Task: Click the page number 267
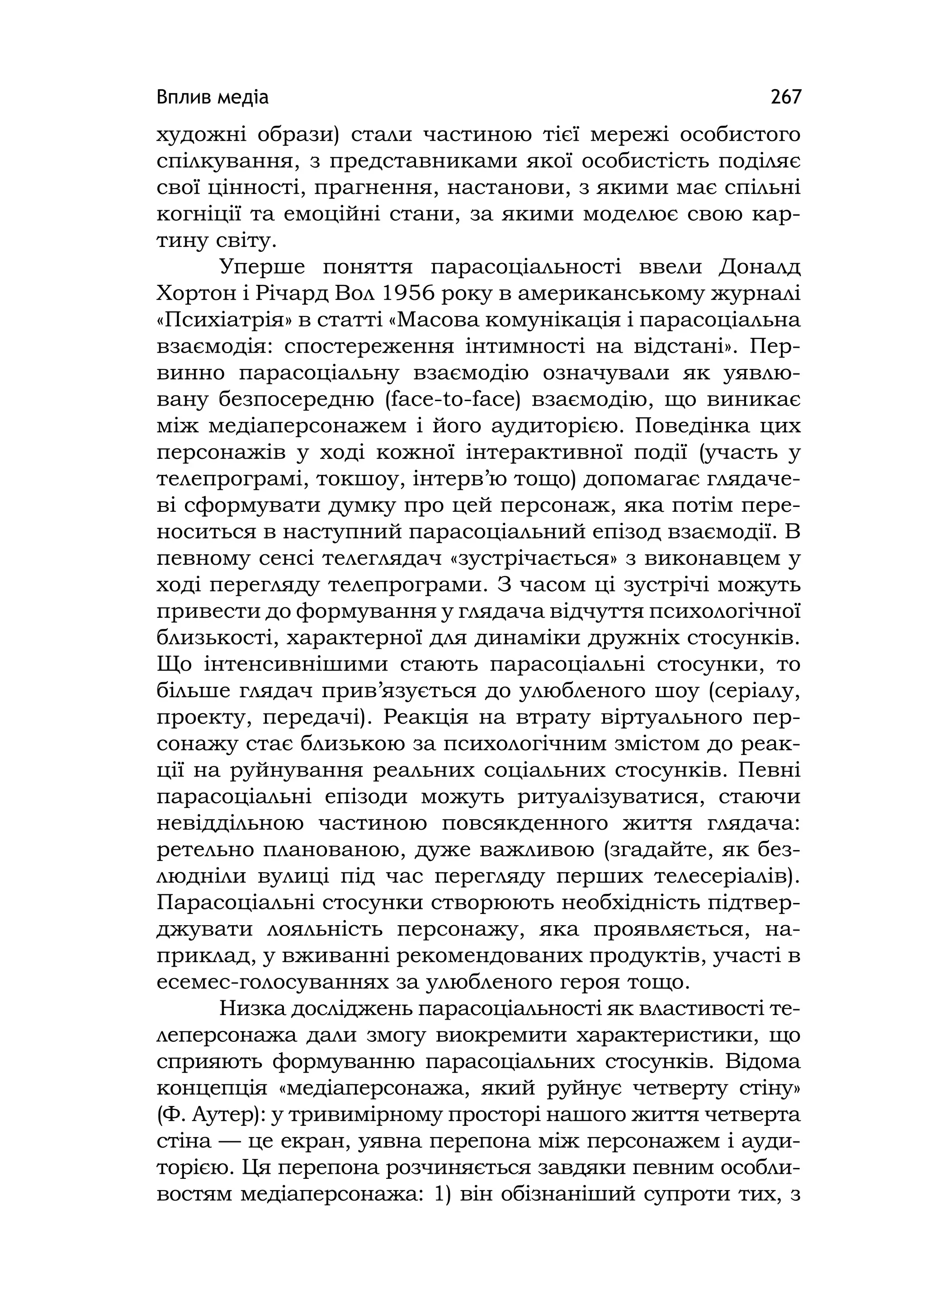[x=786, y=97]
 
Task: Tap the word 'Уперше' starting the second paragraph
[x=264, y=267]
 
